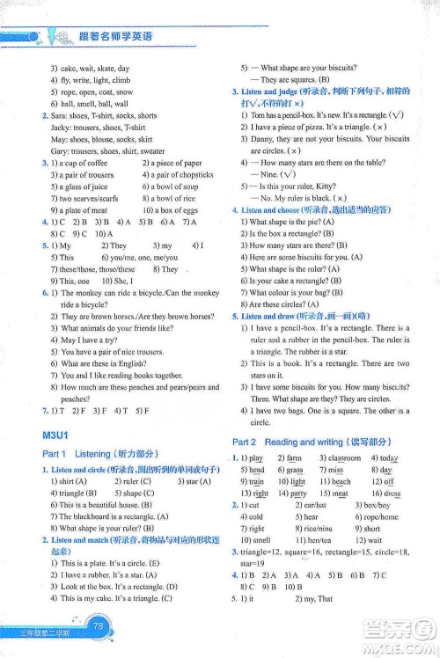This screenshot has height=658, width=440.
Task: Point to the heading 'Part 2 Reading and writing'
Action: [301, 442]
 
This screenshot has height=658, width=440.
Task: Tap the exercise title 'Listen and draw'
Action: [267, 315]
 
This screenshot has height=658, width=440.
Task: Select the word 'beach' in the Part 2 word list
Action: [341, 482]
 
